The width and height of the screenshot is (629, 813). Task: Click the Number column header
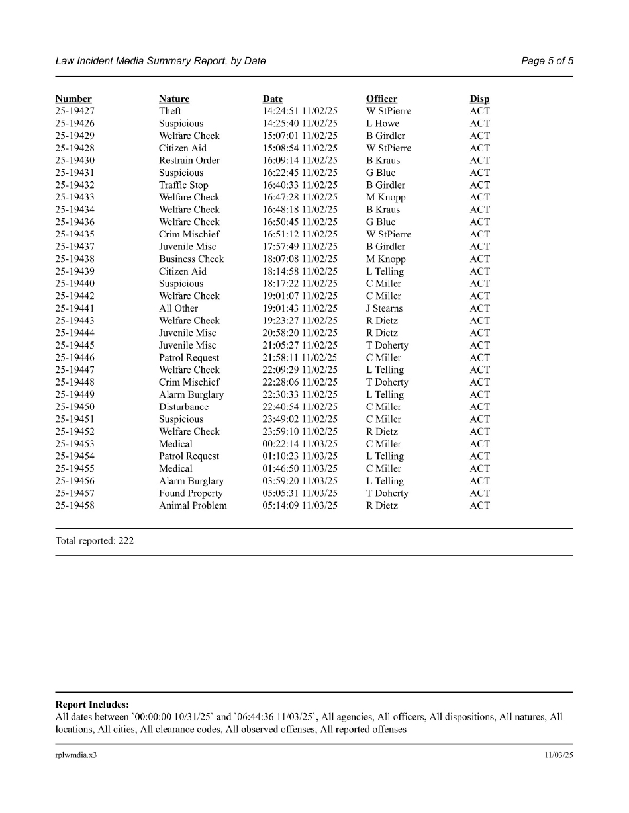(x=73, y=99)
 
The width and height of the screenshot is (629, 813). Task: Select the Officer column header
(x=381, y=99)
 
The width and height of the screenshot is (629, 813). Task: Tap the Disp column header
(x=479, y=99)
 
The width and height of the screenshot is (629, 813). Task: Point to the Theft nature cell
(x=169, y=111)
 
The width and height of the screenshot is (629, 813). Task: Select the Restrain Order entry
(x=189, y=161)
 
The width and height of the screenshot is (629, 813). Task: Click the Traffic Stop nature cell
(x=183, y=185)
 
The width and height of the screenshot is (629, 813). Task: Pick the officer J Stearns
(x=384, y=308)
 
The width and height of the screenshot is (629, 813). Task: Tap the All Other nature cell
(x=178, y=308)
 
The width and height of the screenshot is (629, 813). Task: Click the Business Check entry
(x=191, y=259)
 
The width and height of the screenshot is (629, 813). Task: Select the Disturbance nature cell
(x=183, y=407)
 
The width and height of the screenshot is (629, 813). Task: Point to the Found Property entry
(x=191, y=493)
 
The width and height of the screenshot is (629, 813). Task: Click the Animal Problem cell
(x=193, y=506)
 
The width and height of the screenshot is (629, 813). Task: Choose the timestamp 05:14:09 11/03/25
(x=300, y=506)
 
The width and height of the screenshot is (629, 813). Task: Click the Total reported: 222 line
(x=94, y=541)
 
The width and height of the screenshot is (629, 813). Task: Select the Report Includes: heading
(x=91, y=705)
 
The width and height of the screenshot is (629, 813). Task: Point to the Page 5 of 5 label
(x=547, y=61)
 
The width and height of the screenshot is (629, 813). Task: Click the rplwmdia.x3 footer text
(x=75, y=755)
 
